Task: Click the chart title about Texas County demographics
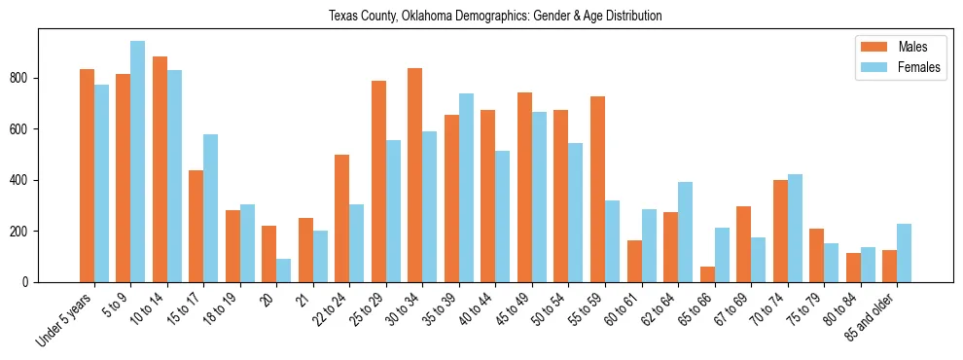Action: pyautogui.click(x=495, y=16)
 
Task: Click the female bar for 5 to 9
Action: pyautogui.click(x=137, y=162)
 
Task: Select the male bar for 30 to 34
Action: pyautogui.click(x=414, y=175)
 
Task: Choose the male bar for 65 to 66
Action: pyautogui.click(x=706, y=274)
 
